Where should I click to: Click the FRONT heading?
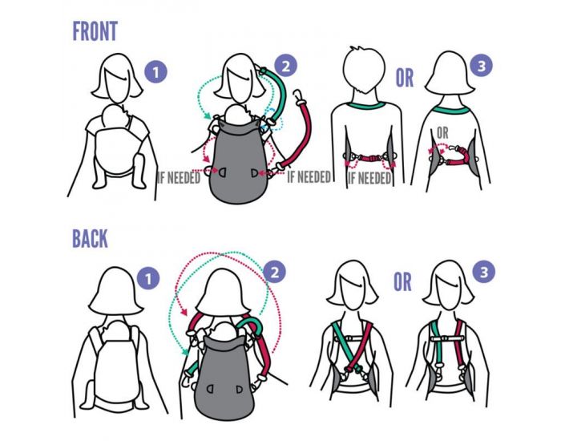point(95,31)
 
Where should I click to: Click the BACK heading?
point(90,238)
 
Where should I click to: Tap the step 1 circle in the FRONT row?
point(155,73)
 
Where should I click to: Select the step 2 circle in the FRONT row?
point(286,66)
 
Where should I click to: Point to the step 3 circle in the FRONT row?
point(482,66)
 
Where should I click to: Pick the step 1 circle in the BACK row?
point(148,278)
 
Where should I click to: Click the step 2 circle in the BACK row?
point(275,272)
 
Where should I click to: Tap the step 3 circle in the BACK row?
point(484,272)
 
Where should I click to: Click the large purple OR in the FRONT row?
point(405,78)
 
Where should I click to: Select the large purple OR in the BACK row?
point(403,282)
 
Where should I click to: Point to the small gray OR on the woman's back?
point(442,133)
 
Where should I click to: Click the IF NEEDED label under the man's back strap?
point(369,178)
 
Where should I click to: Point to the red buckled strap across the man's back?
point(365,157)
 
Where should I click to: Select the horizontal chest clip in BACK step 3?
point(447,338)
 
